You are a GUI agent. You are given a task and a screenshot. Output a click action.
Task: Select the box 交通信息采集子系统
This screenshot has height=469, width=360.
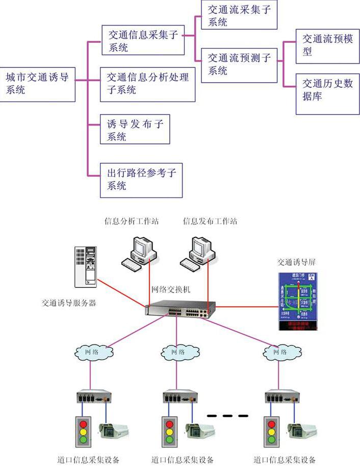(143, 40)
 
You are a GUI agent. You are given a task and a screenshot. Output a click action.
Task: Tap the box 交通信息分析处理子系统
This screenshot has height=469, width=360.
(148, 83)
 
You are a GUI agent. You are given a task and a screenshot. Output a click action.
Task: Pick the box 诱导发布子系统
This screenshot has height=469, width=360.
(135, 130)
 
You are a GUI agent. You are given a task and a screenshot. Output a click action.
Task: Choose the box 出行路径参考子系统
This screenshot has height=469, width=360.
(141, 180)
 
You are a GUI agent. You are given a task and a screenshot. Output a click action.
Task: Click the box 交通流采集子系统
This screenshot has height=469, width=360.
(239, 15)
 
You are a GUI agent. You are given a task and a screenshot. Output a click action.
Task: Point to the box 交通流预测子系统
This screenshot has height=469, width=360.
(239, 65)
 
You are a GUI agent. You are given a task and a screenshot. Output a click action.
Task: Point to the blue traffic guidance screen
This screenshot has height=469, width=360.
(297, 301)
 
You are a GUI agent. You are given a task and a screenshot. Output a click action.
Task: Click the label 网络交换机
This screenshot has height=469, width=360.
(171, 289)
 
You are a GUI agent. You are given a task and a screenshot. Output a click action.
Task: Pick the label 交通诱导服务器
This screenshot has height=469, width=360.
(69, 303)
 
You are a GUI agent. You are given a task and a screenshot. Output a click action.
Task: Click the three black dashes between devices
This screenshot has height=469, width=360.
(228, 415)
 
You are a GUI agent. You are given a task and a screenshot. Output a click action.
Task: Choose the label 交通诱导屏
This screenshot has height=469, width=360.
(296, 262)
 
